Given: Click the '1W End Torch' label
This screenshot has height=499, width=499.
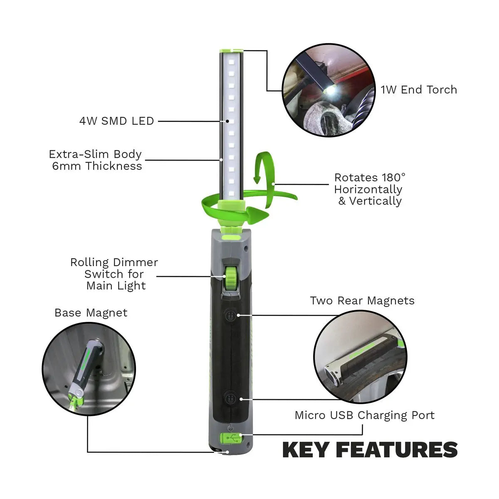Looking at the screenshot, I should [x=418, y=90].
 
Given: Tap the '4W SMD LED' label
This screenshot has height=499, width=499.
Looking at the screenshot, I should [x=116, y=121].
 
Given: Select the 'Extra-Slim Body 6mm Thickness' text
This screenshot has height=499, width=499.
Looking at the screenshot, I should [x=96, y=160].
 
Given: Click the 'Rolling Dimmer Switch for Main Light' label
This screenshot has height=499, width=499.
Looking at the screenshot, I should [x=114, y=274].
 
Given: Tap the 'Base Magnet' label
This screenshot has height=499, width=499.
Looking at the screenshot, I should [x=91, y=313].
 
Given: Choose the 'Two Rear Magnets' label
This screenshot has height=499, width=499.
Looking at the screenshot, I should [x=362, y=301].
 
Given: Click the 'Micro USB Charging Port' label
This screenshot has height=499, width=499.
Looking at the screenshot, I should [x=364, y=415].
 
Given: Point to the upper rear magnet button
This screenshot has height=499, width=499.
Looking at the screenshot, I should [x=230, y=315].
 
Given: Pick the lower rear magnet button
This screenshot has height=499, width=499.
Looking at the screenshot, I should [x=230, y=398].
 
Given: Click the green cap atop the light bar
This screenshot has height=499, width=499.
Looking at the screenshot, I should [x=231, y=50].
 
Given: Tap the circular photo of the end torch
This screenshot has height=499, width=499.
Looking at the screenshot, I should [x=328, y=90].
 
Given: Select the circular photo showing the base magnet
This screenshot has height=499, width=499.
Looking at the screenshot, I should [x=89, y=368].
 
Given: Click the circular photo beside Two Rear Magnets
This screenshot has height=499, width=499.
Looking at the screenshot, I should [x=360, y=356].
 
